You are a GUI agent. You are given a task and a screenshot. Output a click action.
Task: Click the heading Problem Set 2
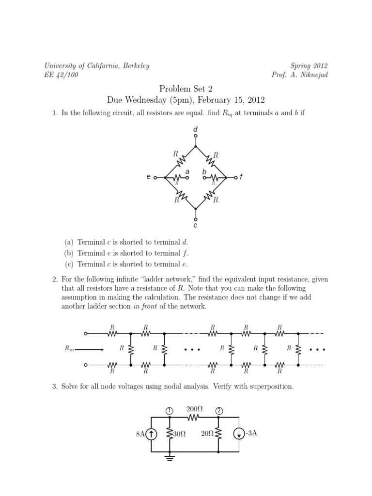point(186,89)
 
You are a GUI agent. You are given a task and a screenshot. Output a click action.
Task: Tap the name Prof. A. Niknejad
point(300,75)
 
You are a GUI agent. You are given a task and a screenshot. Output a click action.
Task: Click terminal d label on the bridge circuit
point(196,129)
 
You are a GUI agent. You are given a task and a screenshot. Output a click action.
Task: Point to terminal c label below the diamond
point(196,225)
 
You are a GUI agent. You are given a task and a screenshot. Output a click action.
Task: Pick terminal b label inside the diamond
point(204,171)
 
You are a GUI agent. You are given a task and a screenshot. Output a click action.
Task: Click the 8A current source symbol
point(151,434)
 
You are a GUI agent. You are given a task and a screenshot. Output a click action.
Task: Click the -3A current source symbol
point(239,434)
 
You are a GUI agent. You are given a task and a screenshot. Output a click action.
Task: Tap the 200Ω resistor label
point(194,409)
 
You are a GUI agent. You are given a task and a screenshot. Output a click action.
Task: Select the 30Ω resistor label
point(179,434)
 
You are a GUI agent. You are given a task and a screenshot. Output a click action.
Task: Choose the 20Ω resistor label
point(207,434)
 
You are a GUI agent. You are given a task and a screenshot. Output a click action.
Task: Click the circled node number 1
point(169,411)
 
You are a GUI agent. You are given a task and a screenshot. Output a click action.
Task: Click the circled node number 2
point(219,411)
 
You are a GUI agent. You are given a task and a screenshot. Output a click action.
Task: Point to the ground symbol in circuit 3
point(169,457)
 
